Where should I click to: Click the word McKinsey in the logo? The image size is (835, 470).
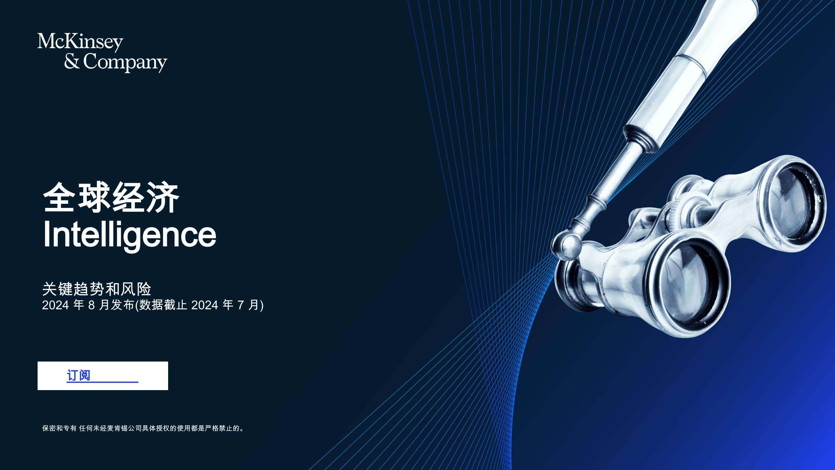click(x=80, y=42)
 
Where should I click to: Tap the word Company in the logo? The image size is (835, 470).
click(x=125, y=62)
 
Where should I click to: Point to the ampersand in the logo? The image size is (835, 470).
click(x=72, y=61)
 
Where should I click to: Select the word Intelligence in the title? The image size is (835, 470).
click(x=129, y=235)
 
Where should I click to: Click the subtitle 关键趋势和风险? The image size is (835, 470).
click(x=97, y=289)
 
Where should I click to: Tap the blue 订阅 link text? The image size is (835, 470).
click(x=78, y=375)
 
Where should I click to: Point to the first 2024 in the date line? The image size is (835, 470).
click(x=55, y=305)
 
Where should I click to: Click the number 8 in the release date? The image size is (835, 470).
click(x=91, y=305)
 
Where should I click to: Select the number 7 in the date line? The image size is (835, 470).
click(x=241, y=305)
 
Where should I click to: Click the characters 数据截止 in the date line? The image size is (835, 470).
click(x=163, y=305)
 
